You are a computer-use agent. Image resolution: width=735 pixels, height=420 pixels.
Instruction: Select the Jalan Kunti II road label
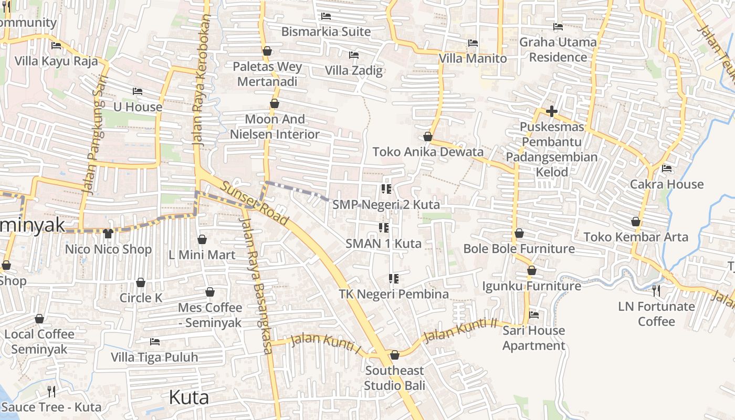[x=460, y=330]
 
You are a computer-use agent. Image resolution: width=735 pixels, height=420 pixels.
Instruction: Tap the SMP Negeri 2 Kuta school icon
[x=386, y=189]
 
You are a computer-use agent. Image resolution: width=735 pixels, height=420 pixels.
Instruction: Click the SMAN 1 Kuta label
[x=383, y=244]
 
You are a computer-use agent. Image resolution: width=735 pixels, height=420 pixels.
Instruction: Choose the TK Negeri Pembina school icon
[x=394, y=278]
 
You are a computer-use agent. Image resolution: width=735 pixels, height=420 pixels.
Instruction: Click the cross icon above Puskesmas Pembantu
[x=551, y=111]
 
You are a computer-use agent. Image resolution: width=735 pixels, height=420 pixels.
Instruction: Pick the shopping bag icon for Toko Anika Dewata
[x=428, y=136]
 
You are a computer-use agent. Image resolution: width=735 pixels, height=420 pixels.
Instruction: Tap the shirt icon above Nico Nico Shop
[x=108, y=233]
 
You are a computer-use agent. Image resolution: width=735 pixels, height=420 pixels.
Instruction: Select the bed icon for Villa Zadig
[x=354, y=55]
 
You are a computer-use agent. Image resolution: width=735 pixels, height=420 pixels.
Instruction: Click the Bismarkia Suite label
[x=325, y=31]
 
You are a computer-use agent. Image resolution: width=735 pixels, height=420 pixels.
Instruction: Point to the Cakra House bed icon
[x=667, y=169]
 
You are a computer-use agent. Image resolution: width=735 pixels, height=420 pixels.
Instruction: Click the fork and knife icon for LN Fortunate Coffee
[x=656, y=290]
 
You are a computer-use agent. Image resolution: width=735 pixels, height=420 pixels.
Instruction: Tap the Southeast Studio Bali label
[x=395, y=378]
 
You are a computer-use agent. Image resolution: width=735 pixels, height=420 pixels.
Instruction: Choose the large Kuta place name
[x=188, y=397]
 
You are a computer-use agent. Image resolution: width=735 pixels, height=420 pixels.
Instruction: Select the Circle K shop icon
[x=141, y=282]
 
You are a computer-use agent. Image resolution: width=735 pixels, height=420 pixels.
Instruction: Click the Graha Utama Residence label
[x=558, y=49]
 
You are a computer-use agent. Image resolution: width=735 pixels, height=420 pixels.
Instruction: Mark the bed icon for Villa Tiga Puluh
[x=154, y=341]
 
